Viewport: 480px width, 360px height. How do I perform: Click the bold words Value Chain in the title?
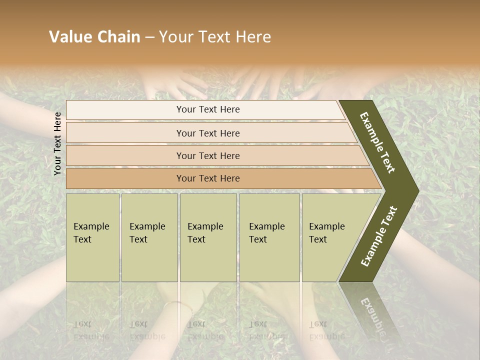point(94,37)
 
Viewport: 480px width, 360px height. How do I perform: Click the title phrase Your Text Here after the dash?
point(215,37)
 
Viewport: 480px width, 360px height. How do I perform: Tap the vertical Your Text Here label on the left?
point(57,143)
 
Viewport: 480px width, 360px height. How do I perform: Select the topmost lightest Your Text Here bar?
point(208,109)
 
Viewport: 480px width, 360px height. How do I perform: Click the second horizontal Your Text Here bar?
point(208,133)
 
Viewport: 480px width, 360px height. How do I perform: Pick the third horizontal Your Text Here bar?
point(208,155)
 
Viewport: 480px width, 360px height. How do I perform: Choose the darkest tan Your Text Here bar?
point(208,178)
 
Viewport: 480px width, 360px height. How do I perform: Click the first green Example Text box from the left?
point(92,237)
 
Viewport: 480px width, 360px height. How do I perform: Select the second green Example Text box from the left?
point(149,237)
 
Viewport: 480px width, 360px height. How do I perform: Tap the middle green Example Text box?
point(207,237)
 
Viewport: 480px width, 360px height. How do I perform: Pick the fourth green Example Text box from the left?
point(269,237)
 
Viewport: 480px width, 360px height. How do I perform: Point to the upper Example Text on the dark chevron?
point(377,142)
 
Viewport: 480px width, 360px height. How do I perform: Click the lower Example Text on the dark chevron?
point(378,236)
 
